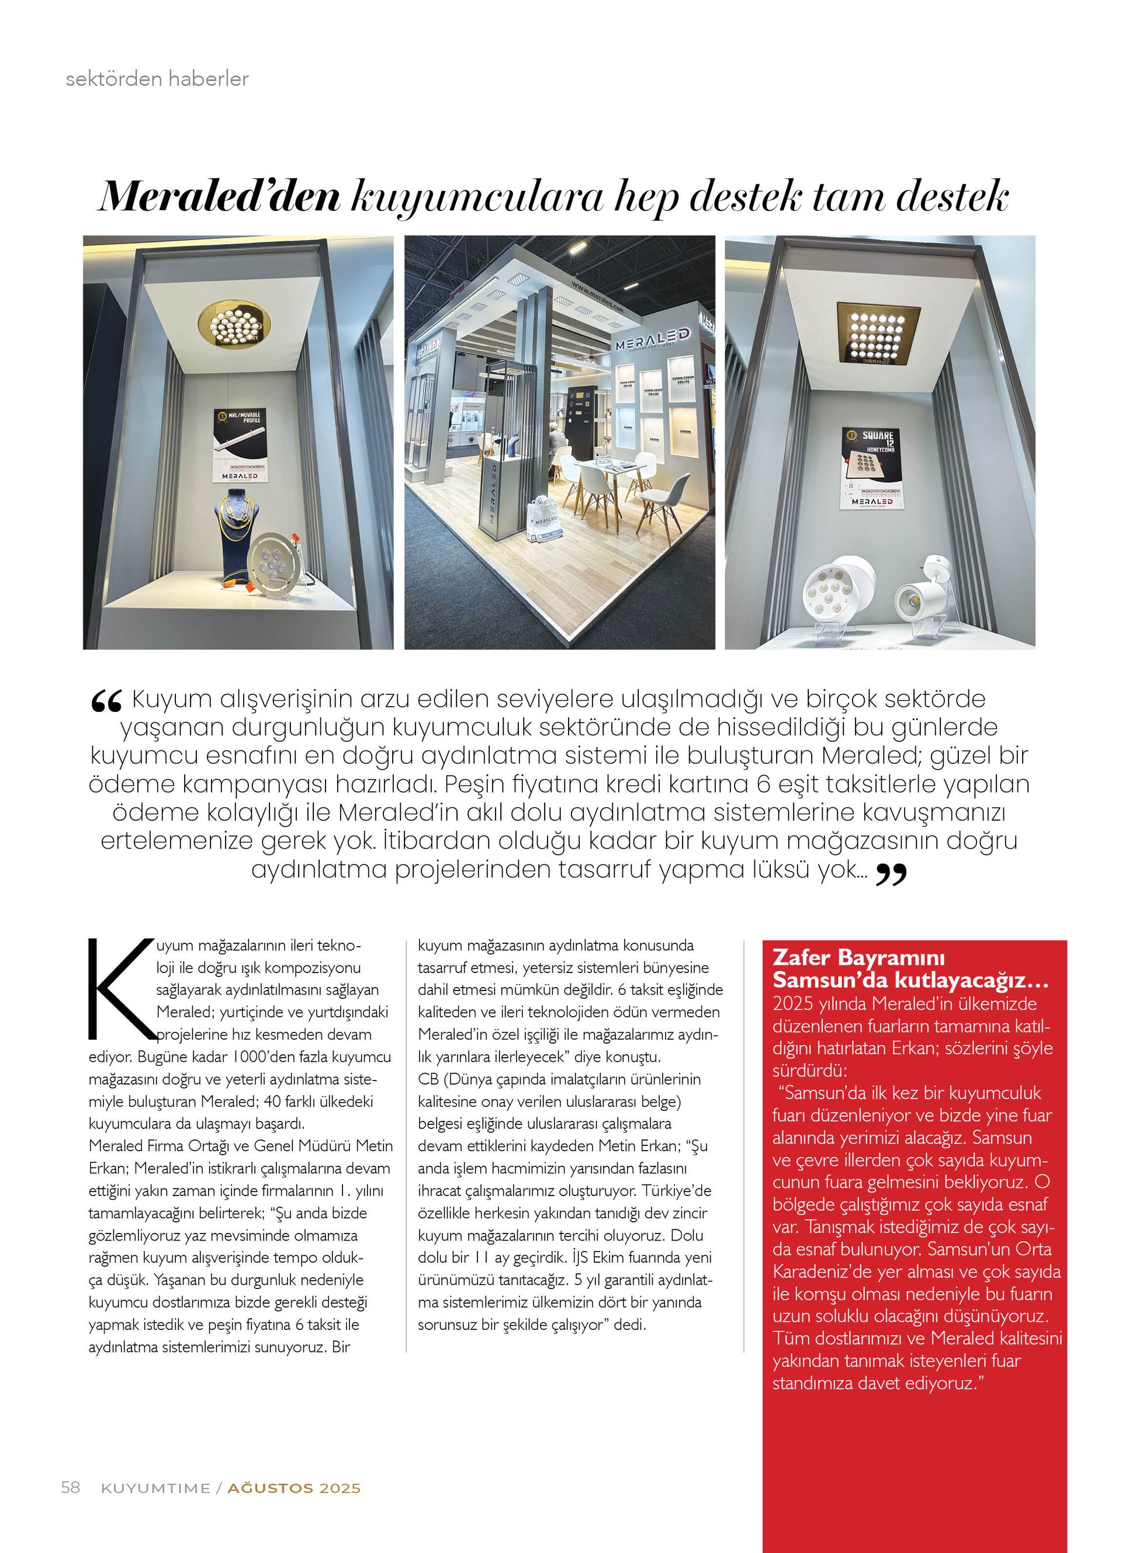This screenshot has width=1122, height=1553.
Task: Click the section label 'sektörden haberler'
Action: click(x=157, y=79)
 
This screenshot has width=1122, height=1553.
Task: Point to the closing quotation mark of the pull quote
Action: click(x=891, y=875)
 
